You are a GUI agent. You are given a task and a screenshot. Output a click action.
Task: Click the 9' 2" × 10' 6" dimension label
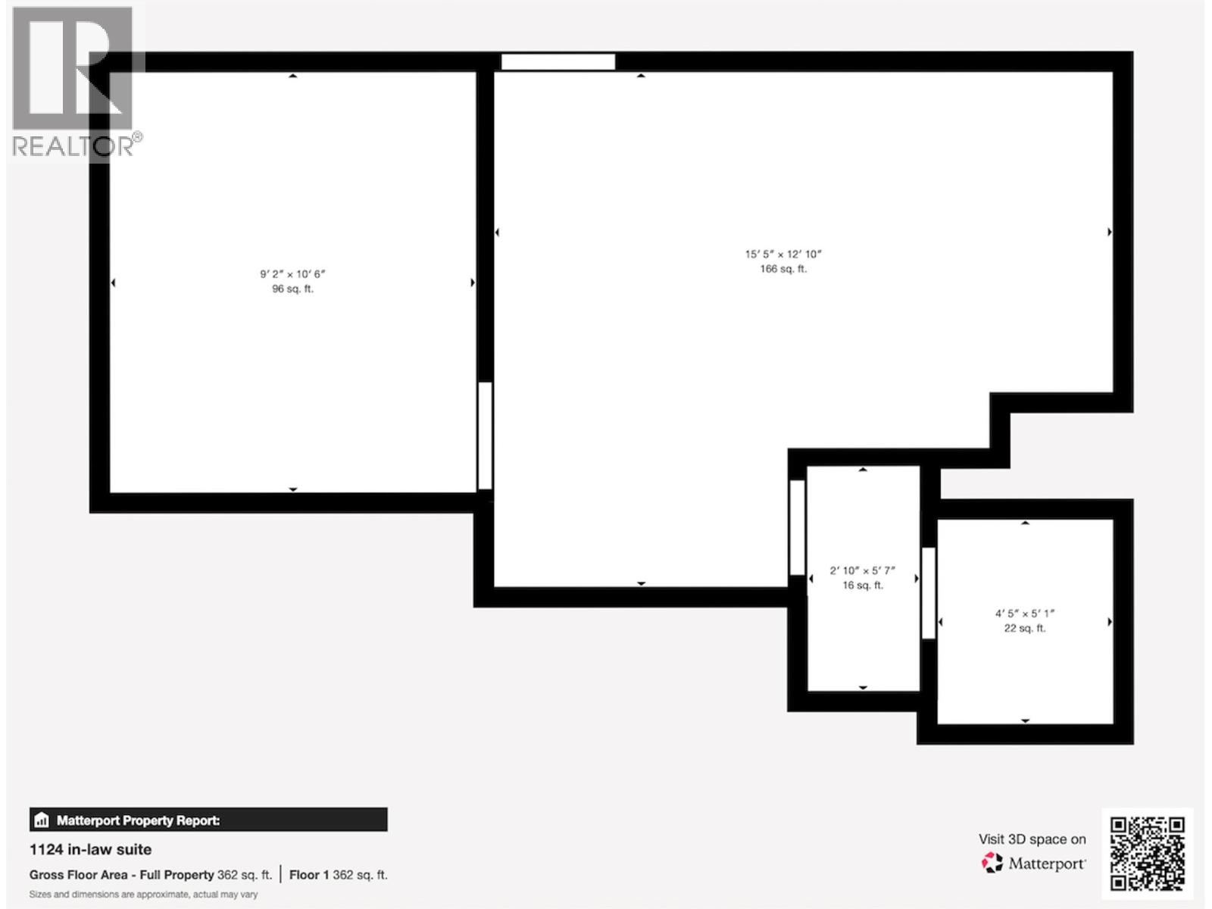coord(292,274)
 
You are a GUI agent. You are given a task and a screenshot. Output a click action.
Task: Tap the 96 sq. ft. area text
coord(292,289)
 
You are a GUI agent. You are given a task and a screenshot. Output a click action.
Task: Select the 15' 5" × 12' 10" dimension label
coord(783,255)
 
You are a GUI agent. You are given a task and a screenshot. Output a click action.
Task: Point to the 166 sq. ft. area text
coord(783,269)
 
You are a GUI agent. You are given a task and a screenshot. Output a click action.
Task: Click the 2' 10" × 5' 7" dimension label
coord(862,570)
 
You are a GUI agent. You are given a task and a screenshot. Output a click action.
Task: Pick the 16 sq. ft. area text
coord(862,585)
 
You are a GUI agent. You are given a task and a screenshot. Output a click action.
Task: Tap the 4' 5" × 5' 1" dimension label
coord(1024,614)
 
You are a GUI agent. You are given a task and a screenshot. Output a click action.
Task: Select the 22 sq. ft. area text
coord(1024,628)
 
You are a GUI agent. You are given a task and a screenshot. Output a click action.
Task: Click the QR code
coord(1147,853)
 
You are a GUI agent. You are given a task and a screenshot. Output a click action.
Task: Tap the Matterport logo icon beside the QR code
coord(992,863)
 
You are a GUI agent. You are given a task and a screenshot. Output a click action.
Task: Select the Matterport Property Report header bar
coord(208,820)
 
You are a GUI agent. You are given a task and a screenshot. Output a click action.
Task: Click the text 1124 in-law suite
coord(90,849)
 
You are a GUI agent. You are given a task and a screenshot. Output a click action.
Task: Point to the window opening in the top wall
coord(558,62)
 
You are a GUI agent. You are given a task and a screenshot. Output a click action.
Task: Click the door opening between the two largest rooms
coord(485,436)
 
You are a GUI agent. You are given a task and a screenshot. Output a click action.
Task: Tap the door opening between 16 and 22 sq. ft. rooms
coord(928,592)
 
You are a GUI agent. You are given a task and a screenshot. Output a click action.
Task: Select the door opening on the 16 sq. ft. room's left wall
coord(797,527)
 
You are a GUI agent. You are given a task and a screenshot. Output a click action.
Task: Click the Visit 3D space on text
coord(1032,839)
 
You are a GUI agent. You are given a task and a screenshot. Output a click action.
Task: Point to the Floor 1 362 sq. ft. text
coord(338,875)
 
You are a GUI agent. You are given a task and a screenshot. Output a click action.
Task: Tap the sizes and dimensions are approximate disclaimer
coord(143,895)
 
